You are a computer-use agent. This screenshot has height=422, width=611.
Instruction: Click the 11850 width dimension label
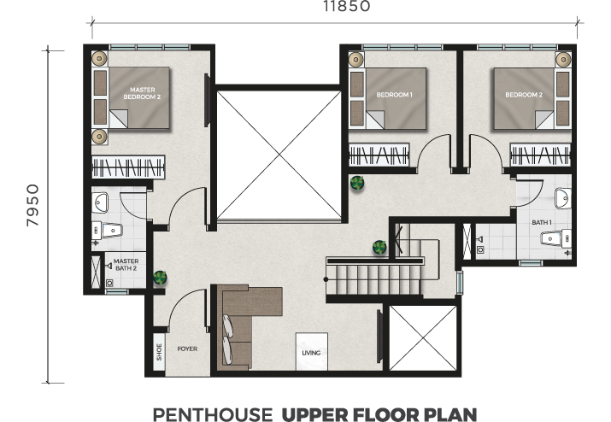tap(346, 6)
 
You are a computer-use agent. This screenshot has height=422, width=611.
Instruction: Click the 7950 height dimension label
tap(32, 205)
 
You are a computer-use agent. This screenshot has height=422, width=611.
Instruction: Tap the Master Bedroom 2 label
tap(142, 93)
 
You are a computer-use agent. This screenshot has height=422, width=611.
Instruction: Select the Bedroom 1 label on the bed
tap(394, 95)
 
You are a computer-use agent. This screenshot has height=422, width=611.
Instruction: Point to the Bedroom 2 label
tap(524, 95)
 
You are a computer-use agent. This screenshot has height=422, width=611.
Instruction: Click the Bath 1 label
tap(542, 222)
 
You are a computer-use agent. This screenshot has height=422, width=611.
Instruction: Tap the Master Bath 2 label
tap(126, 265)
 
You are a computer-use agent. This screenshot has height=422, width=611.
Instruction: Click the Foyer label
tap(187, 349)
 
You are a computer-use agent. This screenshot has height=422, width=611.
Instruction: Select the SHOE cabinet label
tap(159, 352)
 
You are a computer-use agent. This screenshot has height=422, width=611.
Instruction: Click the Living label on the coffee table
tap(311, 353)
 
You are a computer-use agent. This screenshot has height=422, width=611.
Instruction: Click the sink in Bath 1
tap(562, 198)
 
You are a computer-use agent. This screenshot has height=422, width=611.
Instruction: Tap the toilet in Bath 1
tap(556, 238)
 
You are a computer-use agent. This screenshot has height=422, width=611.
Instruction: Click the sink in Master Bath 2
tap(100, 202)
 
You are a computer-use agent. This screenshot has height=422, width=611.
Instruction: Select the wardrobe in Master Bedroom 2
tap(128, 167)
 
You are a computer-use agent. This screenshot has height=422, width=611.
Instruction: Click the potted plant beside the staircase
tap(379, 247)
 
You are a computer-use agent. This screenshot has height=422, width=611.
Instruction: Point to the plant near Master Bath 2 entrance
tap(160, 278)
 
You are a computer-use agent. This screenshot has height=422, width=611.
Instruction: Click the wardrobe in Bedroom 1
tap(379, 155)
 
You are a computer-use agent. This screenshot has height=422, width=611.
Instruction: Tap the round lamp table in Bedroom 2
tap(563, 60)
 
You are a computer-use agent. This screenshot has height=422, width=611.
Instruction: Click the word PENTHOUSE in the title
tap(213, 414)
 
